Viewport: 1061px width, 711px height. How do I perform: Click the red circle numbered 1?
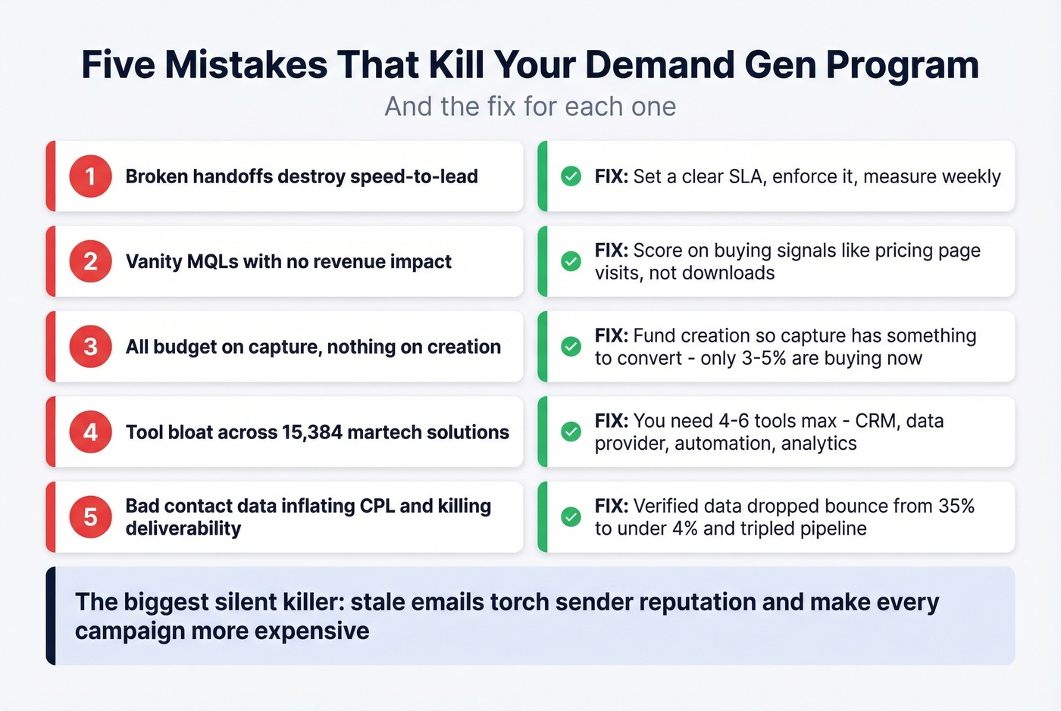click(90, 176)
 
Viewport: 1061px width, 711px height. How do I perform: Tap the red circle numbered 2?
click(90, 261)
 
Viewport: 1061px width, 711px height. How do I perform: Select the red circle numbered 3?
click(90, 347)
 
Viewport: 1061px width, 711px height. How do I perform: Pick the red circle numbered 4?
click(90, 432)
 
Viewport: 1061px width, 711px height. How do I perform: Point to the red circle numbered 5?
click(90, 517)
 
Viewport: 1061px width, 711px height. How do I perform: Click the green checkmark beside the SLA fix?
click(571, 176)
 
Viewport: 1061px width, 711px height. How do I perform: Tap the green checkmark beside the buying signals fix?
click(571, 261)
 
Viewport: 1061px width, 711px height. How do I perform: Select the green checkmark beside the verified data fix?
click(571, 517)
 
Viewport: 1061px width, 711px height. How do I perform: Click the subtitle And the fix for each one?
click(530, 107)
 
